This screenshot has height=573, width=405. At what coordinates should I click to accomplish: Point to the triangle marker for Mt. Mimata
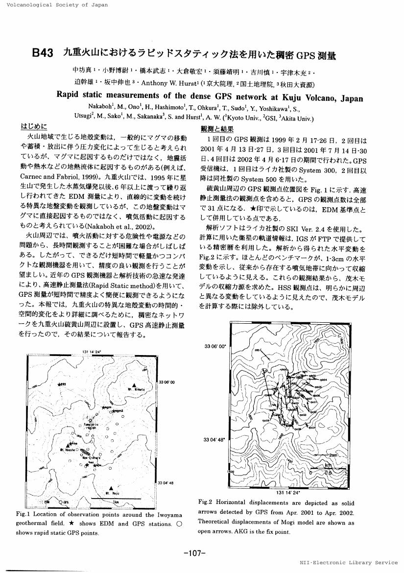133,384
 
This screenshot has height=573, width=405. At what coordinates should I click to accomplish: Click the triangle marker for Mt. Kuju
113,487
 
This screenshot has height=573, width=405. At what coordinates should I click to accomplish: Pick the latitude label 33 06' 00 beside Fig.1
167,382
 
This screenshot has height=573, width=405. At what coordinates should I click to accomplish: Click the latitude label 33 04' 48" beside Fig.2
214,439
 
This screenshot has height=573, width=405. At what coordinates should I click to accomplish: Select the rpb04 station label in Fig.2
323,379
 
